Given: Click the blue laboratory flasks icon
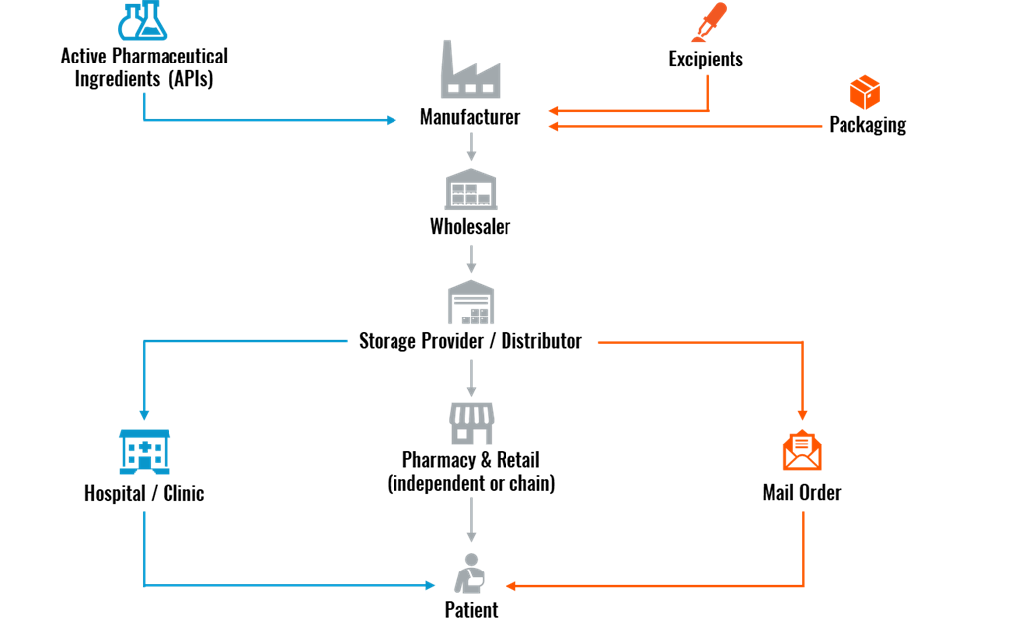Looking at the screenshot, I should [x=142, y=21].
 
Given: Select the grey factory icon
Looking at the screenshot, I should [x=470, y=70].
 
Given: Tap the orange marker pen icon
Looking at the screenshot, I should [x=709, y=23].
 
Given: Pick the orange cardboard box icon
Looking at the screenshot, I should [x=865, y=92].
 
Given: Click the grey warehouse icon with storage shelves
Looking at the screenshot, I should [x=471, y=190].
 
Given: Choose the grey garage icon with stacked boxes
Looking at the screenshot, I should [x=471, y=303].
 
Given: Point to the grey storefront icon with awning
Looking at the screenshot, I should [x=472, y=424].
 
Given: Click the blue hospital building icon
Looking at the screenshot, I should [x=145, y=451].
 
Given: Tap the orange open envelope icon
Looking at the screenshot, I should [x=802, y=450].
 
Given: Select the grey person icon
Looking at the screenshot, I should [x=470, y=573].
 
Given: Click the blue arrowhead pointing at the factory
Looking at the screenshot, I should [x=393, y=120].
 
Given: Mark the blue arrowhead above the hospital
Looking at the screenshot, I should [x=144, y=415].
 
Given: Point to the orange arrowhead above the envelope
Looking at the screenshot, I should [x=802, y=415].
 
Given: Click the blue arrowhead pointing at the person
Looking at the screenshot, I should [x=431, y=585].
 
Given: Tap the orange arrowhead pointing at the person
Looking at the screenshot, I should [x=510, y=586].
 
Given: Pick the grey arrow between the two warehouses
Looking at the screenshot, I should [x=471, y=259].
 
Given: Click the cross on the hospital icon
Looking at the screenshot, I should [x=145, y=446].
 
